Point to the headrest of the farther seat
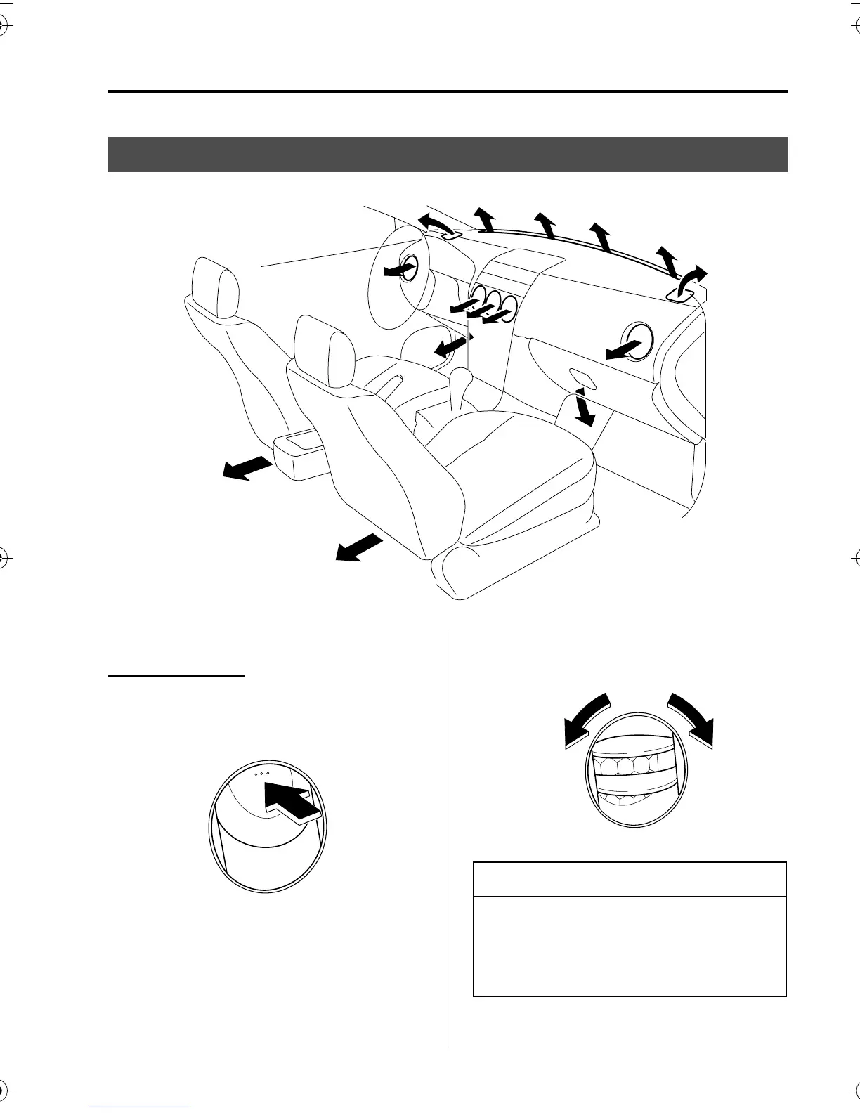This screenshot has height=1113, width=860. (216, 289)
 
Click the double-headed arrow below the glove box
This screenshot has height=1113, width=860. (583, 406)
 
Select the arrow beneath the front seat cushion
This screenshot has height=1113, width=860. (359, 547)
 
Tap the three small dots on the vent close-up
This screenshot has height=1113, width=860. (262, 773)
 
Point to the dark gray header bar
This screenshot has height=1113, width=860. (448, 155)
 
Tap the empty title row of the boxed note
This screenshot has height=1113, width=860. (630, 879)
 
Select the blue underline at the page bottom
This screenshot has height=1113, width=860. (140, 1107)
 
